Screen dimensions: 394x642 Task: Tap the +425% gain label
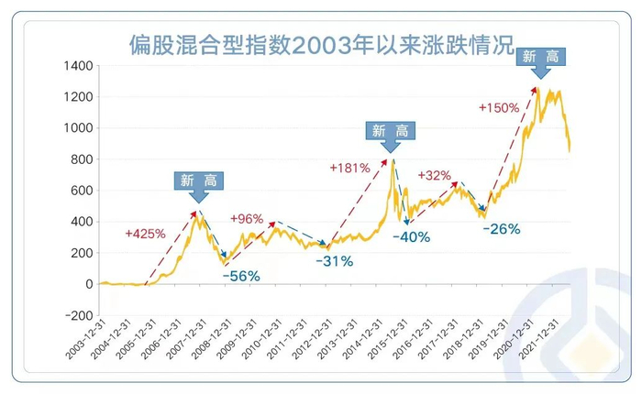click(x=145, y=234)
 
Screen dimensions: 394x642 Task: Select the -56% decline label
click(x=242, y=275)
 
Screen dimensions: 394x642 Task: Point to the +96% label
click(x=247, y=219)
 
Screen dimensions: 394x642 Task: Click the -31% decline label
click(x=335, y=261)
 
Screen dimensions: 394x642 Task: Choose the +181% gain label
click(x=349, y=168)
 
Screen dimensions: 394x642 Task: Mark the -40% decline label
click(x=411, y=238)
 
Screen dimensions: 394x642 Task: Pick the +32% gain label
click(x=433, y=175)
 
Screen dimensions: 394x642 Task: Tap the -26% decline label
click(x=501, y=228)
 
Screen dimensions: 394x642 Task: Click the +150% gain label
click(x=499, y=107)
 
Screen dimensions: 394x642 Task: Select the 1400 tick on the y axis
click(x=78, y=66)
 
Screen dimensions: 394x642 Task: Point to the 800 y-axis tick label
click(x=81, y=159)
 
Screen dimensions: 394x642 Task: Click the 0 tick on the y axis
click(x=89, y=284)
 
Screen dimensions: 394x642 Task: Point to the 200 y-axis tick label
click(x=81, y=253)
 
